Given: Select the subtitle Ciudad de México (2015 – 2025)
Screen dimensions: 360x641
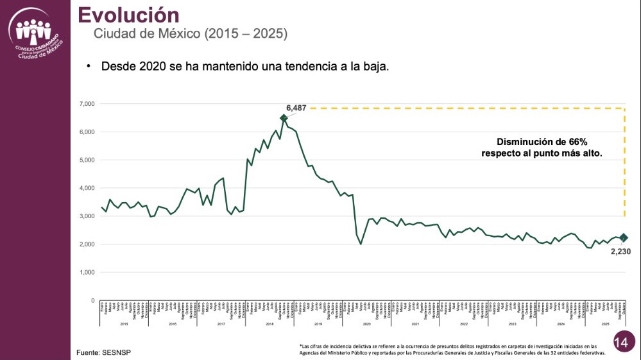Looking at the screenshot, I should tap(191, 33).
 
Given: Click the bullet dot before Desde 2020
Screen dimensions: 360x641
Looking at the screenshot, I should tap(89, 67).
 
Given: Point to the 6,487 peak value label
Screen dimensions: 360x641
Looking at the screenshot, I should tap(296, 108).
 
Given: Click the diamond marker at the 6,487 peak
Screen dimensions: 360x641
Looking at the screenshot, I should tap(284, 118).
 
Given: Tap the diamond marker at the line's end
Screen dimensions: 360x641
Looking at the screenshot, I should tap(624, 238).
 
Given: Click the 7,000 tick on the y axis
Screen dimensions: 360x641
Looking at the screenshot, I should tap(87, 104).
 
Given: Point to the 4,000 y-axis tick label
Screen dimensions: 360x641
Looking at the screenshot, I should tap(87, 188).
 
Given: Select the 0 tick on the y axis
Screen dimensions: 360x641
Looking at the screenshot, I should tap(92, 300).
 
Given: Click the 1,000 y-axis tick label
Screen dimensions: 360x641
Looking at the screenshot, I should tap(87, 272).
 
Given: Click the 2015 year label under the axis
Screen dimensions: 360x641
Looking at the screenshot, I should tap(124, 325).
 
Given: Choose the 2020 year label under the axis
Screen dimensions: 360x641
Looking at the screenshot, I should tap(366, 325).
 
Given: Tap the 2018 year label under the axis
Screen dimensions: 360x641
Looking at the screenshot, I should tap(269, 325).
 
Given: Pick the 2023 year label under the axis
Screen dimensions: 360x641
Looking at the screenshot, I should tap(512, 325).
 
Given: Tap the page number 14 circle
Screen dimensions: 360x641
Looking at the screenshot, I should tap(620, 342).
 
